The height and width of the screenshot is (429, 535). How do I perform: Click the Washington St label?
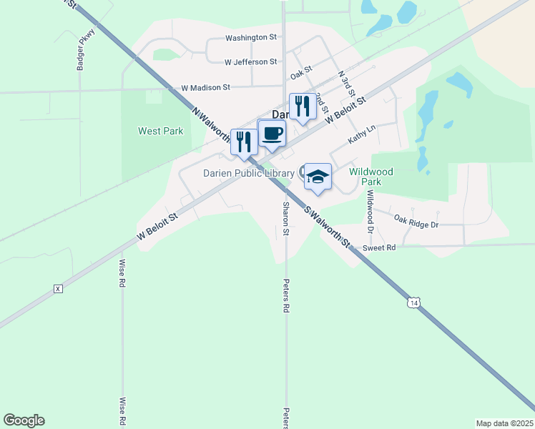tap(250, 37)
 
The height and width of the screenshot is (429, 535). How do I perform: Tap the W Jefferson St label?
tap(250, 62)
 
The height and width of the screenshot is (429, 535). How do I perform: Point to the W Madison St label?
tap(205, 87)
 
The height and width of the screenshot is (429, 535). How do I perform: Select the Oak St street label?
tap(303, 74)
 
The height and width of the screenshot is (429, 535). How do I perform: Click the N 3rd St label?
tap(346, 84)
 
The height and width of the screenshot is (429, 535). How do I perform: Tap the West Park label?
tap(160, 131)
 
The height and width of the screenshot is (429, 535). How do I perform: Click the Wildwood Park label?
tap(375, 177)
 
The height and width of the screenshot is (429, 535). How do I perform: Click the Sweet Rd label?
tap(379, 247)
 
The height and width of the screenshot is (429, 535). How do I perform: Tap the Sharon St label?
tap(285, 219)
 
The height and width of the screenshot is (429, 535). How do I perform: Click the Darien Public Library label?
tap(247, 173)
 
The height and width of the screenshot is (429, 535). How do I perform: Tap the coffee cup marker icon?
tap(272, 133)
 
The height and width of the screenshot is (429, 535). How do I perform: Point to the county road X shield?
tap(59, 289)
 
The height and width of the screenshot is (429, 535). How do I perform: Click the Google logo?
tap(24, 420)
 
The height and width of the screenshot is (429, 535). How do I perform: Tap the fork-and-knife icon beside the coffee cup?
tap(244, 142)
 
